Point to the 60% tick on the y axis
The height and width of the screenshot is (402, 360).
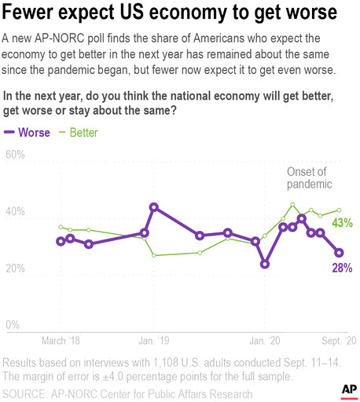point(16,155)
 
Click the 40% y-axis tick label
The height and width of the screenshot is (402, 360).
point(16,214)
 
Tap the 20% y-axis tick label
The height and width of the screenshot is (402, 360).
point(16,269)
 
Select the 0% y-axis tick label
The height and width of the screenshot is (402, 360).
point(13,325)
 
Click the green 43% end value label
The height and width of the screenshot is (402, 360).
point(341,223)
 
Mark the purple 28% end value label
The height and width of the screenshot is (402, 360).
point(341,268)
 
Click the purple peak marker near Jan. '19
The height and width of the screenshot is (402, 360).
point(154,207)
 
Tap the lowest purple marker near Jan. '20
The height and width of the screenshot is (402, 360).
point(265,264)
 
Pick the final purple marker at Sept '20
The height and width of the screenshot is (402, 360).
point(339,253)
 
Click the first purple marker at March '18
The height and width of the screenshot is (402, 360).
point(61,241)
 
